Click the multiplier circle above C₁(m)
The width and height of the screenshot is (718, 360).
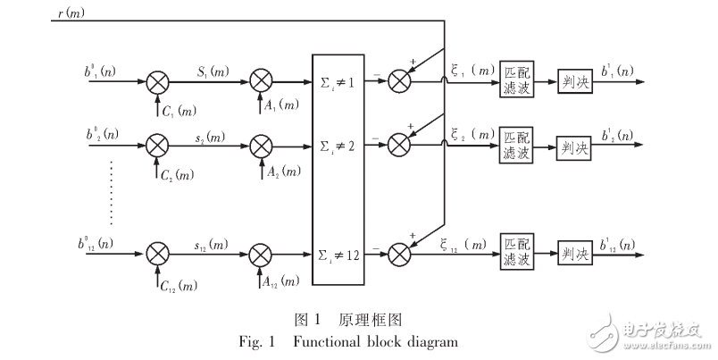point(157,82)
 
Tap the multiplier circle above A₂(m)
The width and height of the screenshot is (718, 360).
point(260,144)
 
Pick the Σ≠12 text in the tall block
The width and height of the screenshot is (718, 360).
point(339,256)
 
